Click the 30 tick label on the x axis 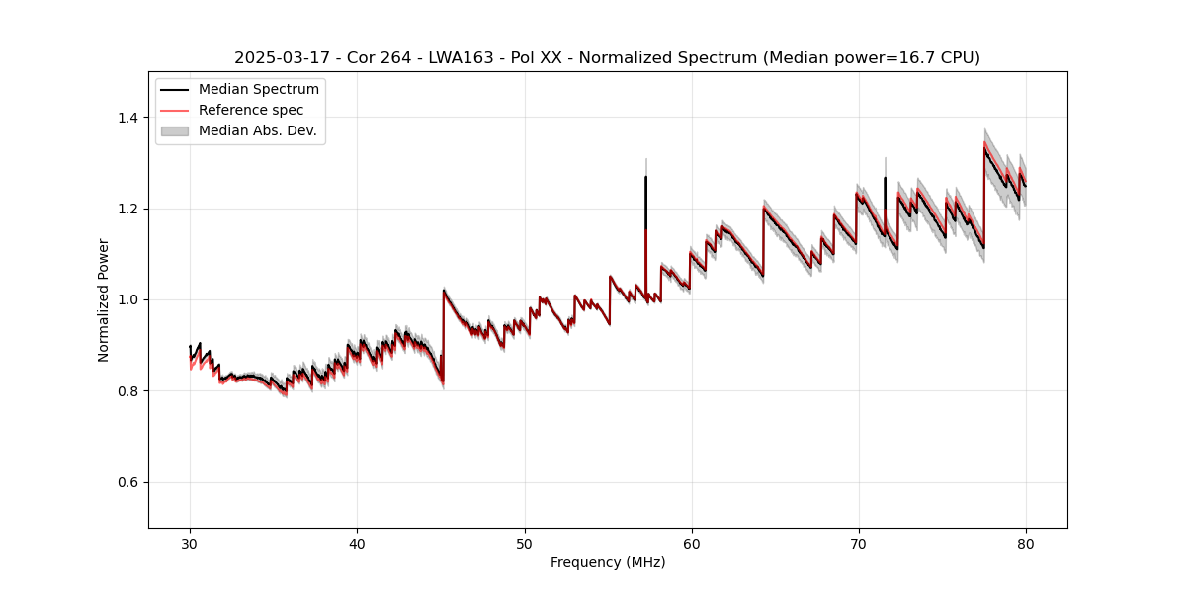click(190, 543)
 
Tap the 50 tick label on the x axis click(524, 543)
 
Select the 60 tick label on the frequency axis click(691, 543)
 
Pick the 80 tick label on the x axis click(1026, 543)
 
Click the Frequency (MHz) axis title click(608, 562)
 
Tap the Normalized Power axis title click(104, 299)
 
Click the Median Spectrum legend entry click(258, 90)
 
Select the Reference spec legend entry click(251, 110)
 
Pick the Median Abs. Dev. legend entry click(257, 130)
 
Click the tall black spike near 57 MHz click(645, 198)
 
